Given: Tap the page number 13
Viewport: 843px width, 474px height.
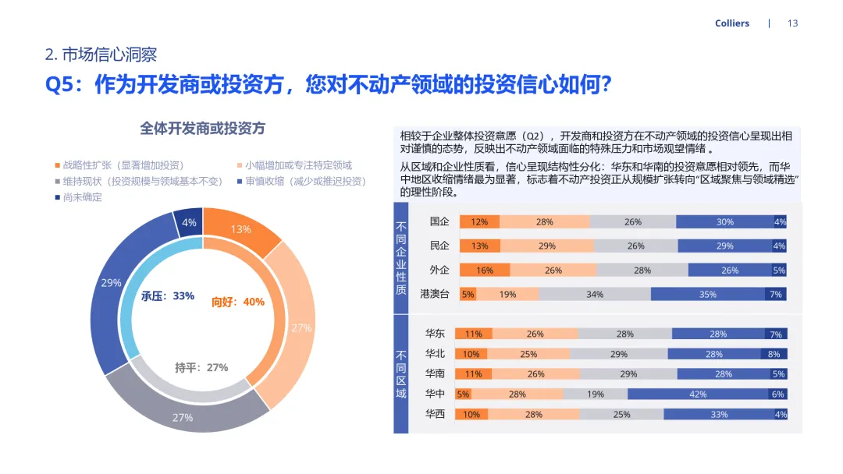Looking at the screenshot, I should (792, 23).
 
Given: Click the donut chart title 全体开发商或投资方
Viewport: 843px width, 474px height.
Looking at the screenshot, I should (202, 128).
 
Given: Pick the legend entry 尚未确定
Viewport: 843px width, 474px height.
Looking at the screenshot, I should (82, 197).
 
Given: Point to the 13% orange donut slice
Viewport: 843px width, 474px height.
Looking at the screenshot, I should (240, 228).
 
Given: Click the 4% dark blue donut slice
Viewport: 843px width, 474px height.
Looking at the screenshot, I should (189, 222).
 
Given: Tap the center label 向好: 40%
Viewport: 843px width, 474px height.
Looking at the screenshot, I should (238, 302).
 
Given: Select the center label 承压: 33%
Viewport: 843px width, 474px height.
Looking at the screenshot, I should (167, 296).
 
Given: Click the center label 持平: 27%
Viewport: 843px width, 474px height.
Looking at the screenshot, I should (201, 367).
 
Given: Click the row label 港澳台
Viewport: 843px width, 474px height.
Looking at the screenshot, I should (434, 294).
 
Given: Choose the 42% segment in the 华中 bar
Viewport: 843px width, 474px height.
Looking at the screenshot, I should (697, 394).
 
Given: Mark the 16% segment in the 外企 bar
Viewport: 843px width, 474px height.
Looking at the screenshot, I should (485, 271).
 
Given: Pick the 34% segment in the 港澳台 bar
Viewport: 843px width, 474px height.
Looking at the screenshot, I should (594, 294).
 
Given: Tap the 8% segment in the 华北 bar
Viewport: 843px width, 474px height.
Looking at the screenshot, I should (774, 354).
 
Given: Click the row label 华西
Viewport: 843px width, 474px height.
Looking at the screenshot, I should (435, 414).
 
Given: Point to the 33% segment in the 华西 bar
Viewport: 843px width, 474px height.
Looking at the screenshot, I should (718, 414).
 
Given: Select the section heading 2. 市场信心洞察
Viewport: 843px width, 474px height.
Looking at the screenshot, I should (101, 55).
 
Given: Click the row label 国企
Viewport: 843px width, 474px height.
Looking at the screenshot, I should (439, 222).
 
